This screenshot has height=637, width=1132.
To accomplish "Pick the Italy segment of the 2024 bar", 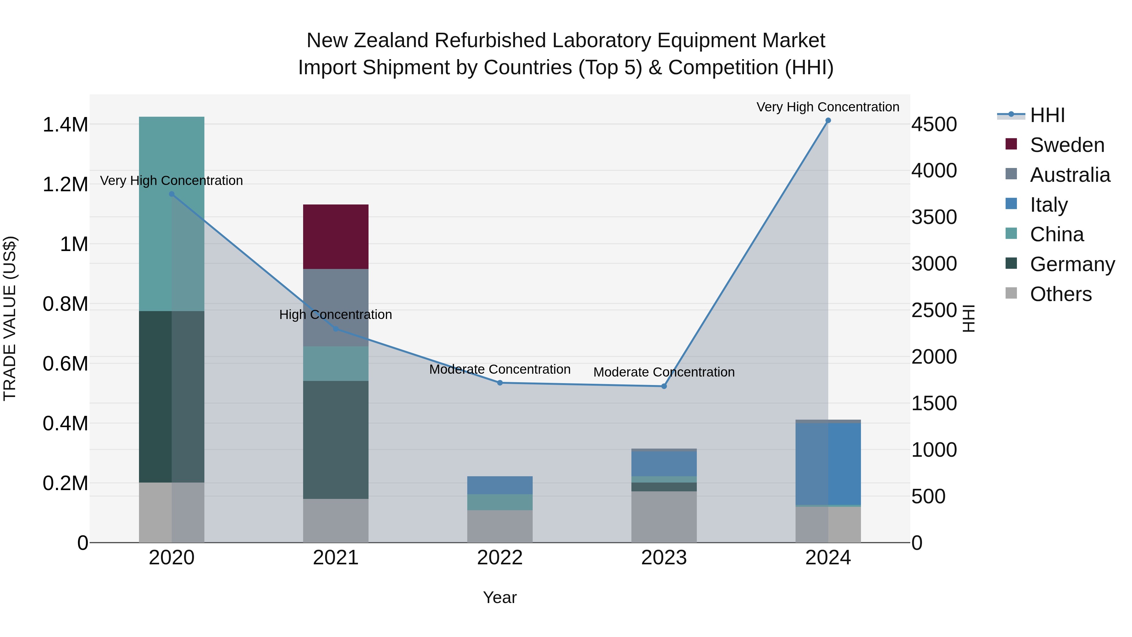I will (828, 463).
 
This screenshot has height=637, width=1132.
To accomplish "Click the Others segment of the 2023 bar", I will (663, 517).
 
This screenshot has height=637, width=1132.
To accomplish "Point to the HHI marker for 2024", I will (828, 120).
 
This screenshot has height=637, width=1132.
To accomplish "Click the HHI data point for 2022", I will (500, 383).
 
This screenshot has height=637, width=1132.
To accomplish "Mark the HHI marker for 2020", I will (171, 194).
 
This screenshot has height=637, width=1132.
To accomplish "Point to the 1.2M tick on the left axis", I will (65, 185).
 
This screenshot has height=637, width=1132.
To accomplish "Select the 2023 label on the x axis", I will (663, 557).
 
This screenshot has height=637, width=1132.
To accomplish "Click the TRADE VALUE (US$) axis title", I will (10, 318).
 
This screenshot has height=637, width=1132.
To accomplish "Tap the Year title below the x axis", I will (500, 597).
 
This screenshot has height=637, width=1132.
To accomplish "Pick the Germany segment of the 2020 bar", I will (171, 397).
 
